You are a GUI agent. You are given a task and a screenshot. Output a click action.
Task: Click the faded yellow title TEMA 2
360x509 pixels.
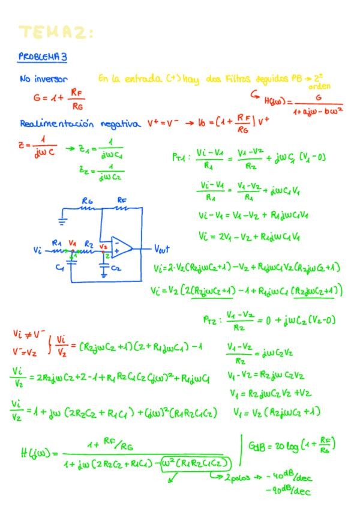(x=56, y=32)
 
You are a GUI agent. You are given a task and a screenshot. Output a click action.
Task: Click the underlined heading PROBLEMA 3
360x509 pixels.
(x=42, y=56)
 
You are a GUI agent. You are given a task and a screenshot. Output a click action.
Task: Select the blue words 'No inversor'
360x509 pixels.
(x=43, y=79)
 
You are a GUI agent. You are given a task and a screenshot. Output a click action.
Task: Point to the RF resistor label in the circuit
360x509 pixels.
(x=121, y=199)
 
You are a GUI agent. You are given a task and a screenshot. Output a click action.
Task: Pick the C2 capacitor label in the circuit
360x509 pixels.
(x=116, y=268)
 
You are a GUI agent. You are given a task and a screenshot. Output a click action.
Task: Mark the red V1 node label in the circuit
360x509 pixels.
(x=73, y=242)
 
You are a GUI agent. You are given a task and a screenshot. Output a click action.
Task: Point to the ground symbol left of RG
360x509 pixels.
(x=64, y=218)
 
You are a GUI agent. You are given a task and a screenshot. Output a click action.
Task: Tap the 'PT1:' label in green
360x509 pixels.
(x=181, y=158)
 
